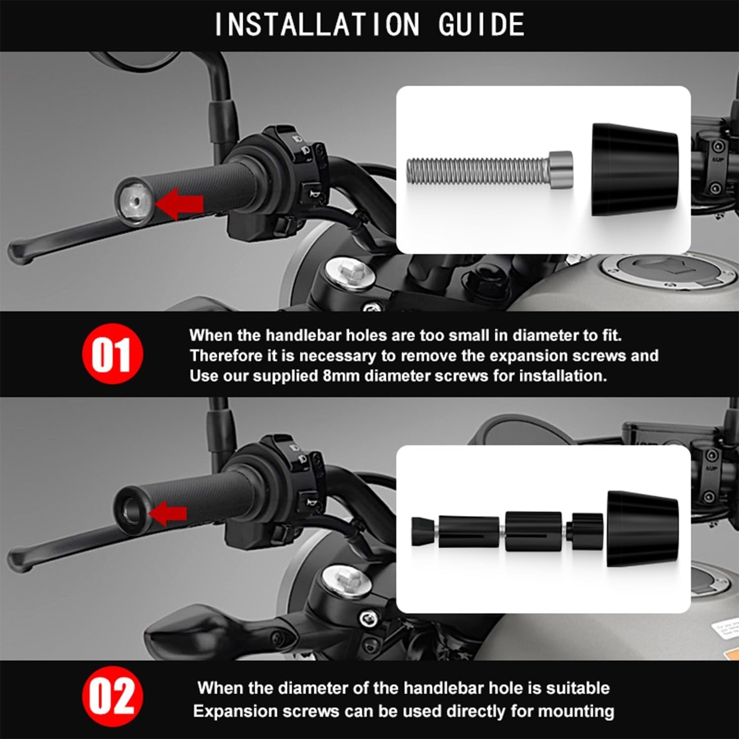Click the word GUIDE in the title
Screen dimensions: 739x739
pos(481,25)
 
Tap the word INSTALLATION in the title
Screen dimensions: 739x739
pos(317,25)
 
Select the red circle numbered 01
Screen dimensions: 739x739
pos(112,354)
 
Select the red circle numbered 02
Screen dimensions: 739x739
pos(112,697)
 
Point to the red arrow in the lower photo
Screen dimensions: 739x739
pos(168,514)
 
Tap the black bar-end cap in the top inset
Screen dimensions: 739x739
pos(635,169)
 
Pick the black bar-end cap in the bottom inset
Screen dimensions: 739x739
pos(642,529)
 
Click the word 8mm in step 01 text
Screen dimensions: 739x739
pos(341,376)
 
